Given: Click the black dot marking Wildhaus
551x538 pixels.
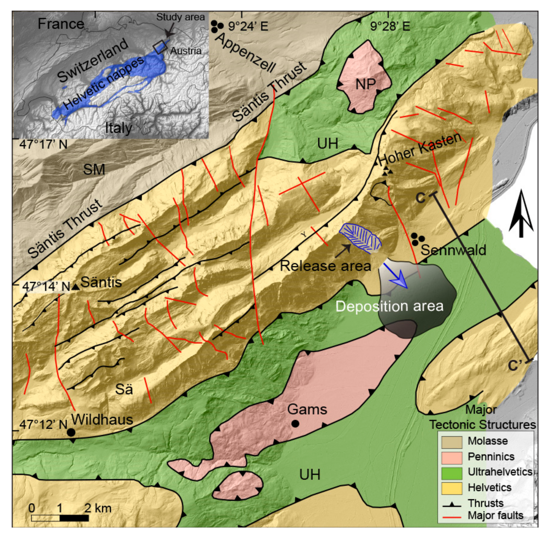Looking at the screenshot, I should click(x=71, y=432).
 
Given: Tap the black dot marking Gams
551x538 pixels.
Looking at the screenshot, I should click(x=295, y=424).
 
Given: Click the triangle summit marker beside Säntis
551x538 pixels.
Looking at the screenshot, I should click(x=75, y=287).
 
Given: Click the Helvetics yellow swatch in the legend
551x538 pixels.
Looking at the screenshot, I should click(x=452, y=488).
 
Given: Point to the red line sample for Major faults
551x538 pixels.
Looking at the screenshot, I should click(x=452, y=517).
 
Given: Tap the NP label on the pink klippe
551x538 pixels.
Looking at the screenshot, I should click(x=366, y=84).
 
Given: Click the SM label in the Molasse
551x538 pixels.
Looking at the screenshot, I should click(x=94, y=169).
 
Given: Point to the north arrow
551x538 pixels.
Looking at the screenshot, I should click(x=521, y=215).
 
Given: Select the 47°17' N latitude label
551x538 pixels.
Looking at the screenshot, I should click(x=43, y=144).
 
